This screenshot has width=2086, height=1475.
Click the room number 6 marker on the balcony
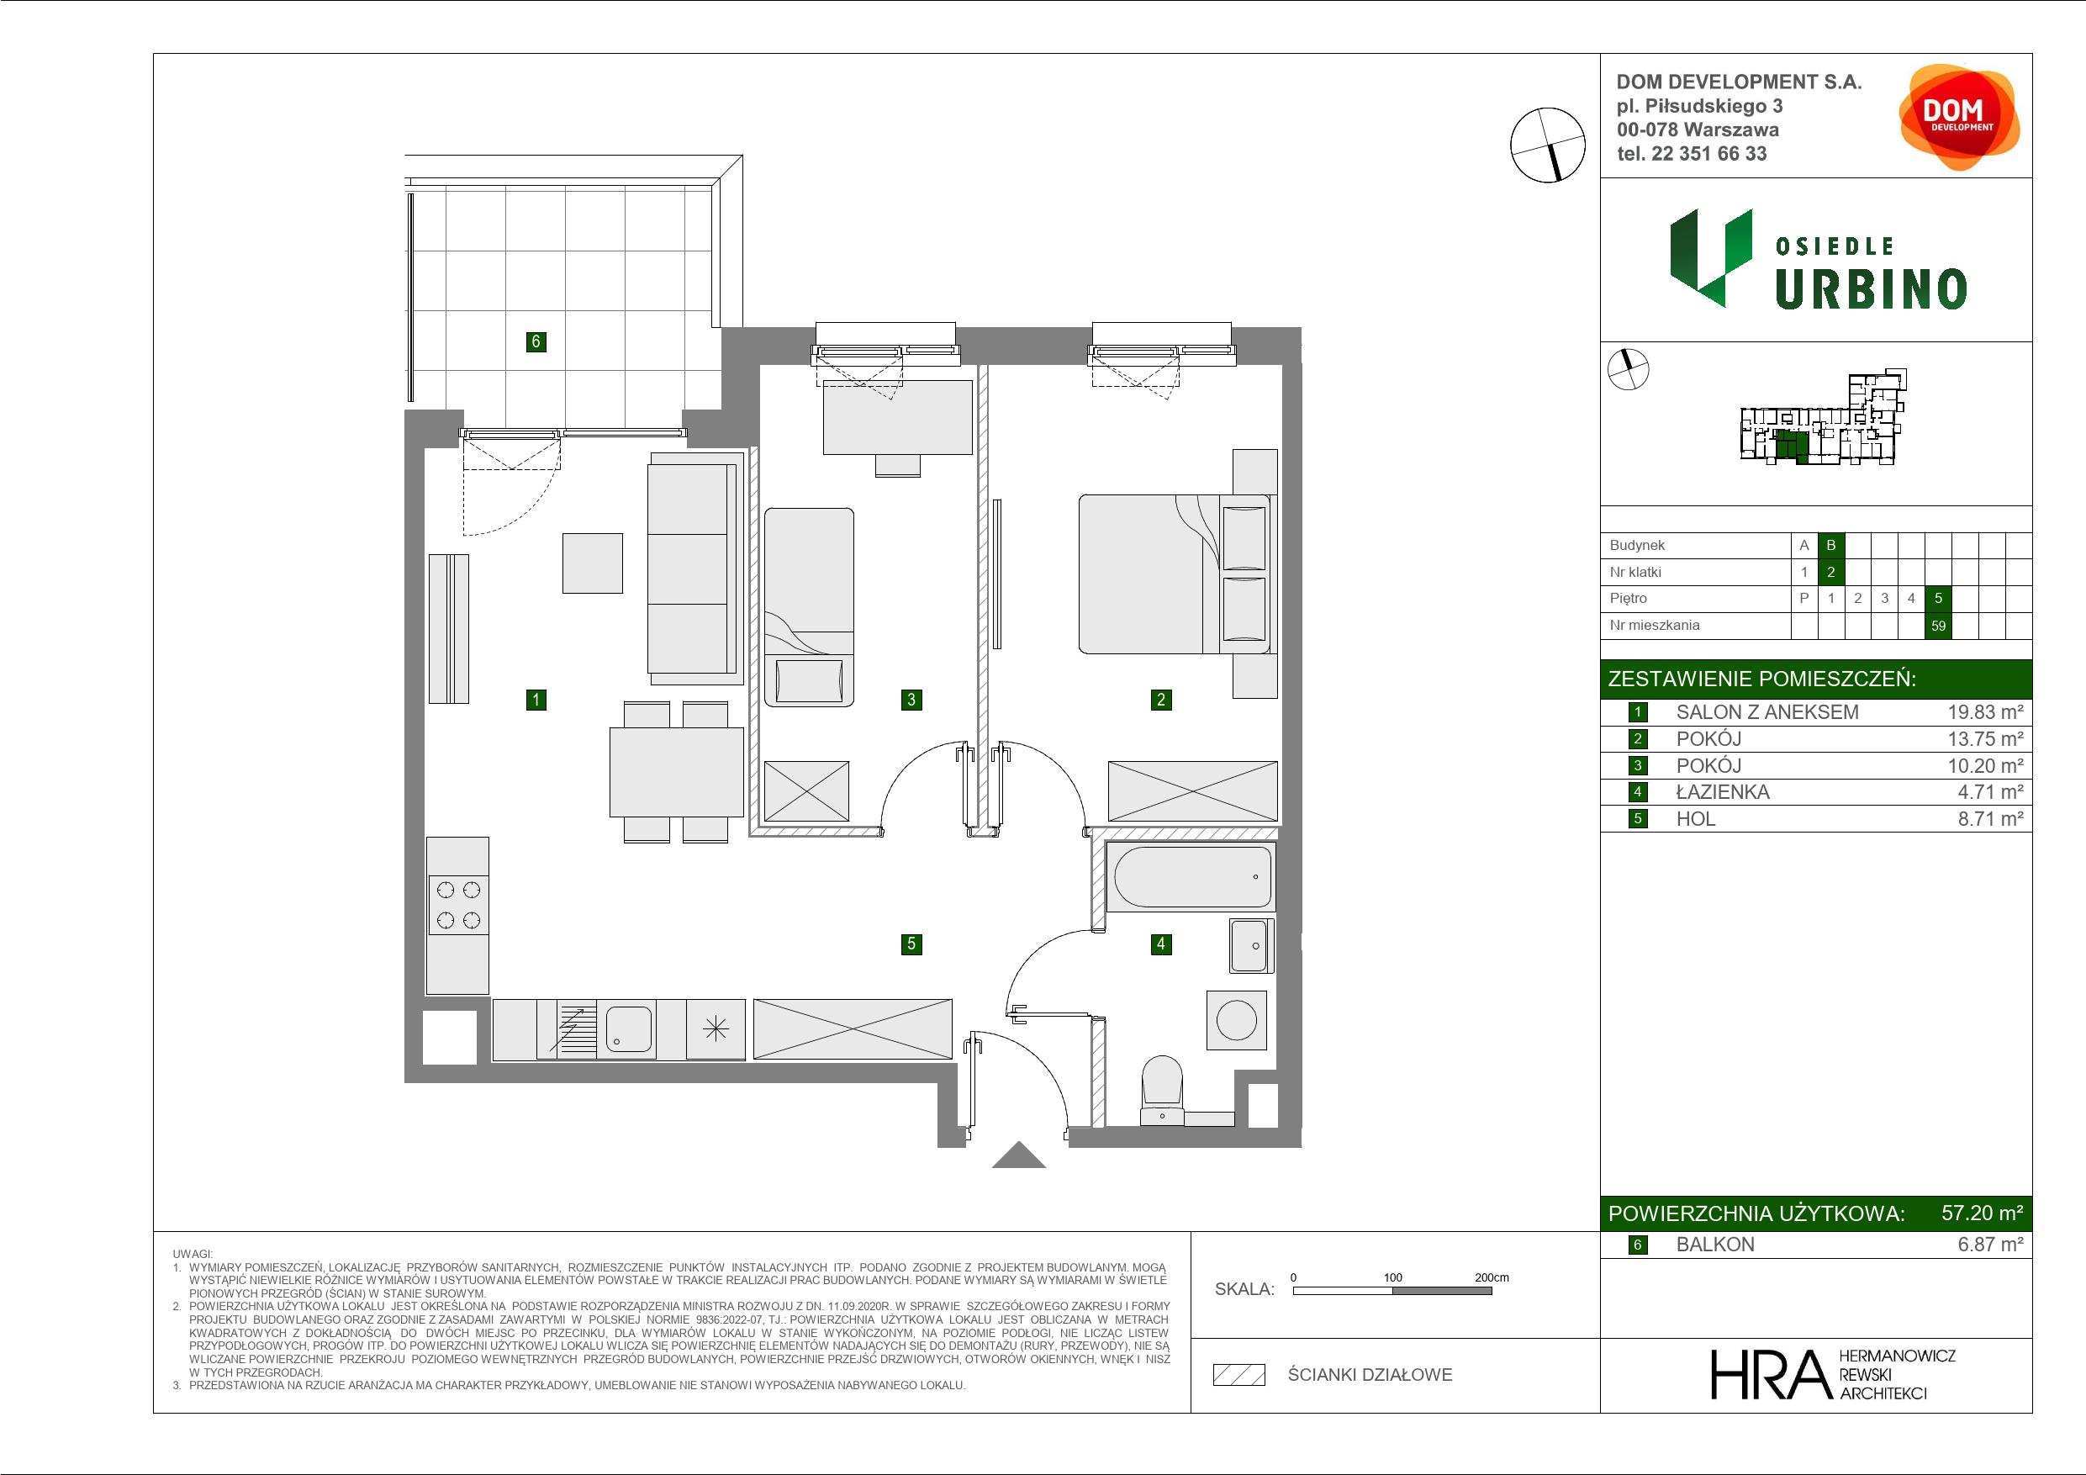pyautogui.click(x=536, y=341)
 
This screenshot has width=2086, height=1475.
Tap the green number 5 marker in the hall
pyautogui.click(x=911, y=944)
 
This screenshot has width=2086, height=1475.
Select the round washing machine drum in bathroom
pyautogui.click(x=1237, y=1020)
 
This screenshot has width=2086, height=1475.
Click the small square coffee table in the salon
pyautogui.click(x=593, y=563)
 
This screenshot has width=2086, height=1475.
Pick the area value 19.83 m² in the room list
pyautogui.click(x=1985, y=712)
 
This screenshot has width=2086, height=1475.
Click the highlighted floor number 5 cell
pyautogui.click(x=1938, y=598)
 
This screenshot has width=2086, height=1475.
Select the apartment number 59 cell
pyautogui.click(x=1938, y=626)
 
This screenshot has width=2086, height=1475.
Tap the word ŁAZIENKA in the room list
pyautogui.click(x=1723, y=791)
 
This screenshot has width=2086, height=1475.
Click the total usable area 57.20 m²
pyautogui.click(x=1982, y=1213)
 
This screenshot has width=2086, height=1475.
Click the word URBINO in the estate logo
pyautogui.click(x=1872, y=289)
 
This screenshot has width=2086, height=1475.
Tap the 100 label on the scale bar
pyautogui.click(x=1393, y=1277)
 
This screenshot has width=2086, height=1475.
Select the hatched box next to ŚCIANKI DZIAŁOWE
pyautogui.click(x=1239, y=1375)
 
